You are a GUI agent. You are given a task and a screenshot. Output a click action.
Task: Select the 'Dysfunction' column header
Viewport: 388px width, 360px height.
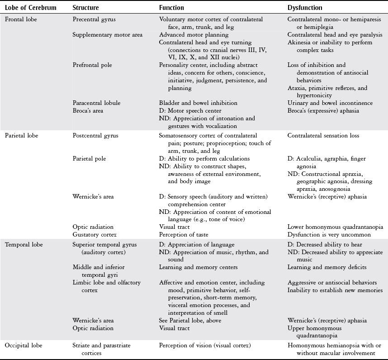click(x=305, y=8)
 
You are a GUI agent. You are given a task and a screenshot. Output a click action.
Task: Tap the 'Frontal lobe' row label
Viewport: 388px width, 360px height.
click(x=21, y=19)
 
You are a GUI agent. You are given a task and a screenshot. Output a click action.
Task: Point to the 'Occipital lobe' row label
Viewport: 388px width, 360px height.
click(x=24, y=345)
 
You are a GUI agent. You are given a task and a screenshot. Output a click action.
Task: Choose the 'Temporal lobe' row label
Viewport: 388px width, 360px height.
click(x=24, y=245)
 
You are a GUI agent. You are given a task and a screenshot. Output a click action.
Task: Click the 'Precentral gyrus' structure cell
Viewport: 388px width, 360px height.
click(x=94, y=19)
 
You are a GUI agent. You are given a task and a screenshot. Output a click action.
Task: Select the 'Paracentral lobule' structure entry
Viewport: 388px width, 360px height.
click(x=96, y=103)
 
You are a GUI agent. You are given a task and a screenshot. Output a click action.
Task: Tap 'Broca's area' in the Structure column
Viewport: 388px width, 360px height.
click(x=90, y=111)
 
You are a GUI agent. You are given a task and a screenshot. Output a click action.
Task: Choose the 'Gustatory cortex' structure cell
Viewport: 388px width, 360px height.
click(x=95, y=234)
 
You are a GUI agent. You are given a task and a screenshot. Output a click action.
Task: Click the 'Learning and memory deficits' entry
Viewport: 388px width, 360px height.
click(x=327, y=267)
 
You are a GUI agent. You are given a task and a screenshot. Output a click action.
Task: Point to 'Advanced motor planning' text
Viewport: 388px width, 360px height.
click(x=194, y=35)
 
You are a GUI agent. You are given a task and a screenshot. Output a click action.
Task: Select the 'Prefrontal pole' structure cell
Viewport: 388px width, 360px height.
click(x=92, y=65)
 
